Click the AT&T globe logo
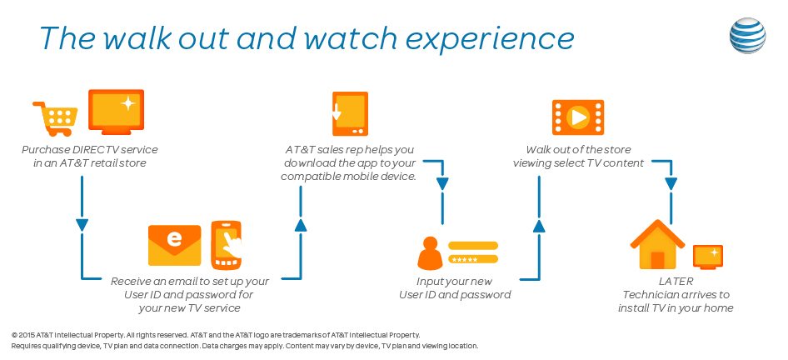748,36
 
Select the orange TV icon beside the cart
116,113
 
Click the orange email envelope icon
174,245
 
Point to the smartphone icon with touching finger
226,245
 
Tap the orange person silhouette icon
429,254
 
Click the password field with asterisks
473,259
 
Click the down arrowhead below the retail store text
82,224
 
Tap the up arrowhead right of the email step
301,223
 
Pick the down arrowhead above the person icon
442,183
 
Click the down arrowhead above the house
668,183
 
